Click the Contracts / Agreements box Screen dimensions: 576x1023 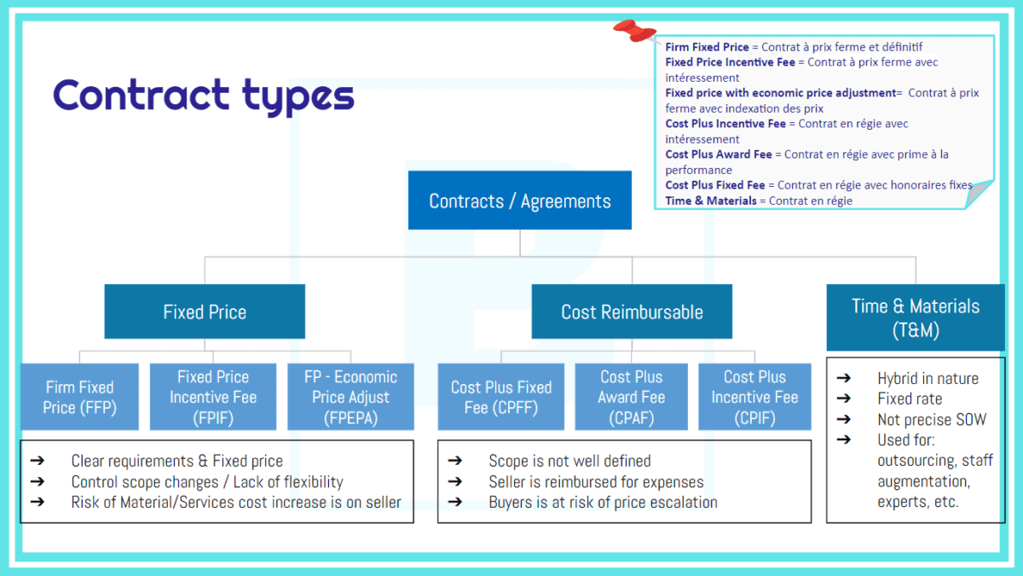519,201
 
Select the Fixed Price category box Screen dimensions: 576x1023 205,311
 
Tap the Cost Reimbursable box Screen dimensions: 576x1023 632,311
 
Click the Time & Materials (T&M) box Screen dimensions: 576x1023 916,317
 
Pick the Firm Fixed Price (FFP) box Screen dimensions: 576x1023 79,398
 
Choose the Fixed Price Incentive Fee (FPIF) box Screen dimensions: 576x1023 213,398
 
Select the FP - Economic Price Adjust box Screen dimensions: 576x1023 350,398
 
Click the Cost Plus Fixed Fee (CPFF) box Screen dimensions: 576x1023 501,398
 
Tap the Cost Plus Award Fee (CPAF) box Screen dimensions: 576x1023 632,398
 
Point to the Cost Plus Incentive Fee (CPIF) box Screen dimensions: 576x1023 754,398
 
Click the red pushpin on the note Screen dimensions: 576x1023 633,32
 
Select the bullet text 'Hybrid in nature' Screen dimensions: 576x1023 928,379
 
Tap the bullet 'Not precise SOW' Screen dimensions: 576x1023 932,419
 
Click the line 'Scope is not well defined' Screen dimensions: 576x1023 569,461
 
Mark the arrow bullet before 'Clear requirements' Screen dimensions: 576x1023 37,461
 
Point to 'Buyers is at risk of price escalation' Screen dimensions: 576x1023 603,502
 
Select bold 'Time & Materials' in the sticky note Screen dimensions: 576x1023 710,201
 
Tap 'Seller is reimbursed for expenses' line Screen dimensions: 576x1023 596,481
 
